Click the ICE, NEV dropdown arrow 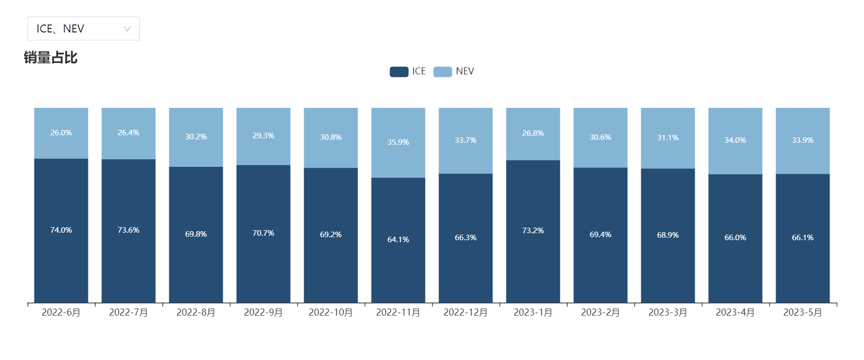pyautogui.click(x=127, y=29)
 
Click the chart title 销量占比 pyautogui.click(x=50, y=58)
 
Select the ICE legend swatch pyautogui.click(x=399, y=71)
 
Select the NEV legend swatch pyautogui.click(x=442, y=71)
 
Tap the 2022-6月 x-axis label pyautogui.click(x=61, y=313)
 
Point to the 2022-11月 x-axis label pyautogui.click(x=398, y=313)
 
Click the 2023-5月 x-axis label pyautogui.click(x=803, y=313)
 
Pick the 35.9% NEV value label pyautogui.click(x=398, y=142)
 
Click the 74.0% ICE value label pyautogui.click(x=61, y=230)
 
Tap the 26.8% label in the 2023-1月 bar pyautogui.click(x=533, y=133)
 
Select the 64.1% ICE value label pyautogui.click(x=398, y=240)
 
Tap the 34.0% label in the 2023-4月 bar pyautogui.click(x=735, y=140)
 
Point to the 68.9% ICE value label pyautogui.click(x=668, y=235)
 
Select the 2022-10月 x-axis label pyautogui.click(x=331, y=313)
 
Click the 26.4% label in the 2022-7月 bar pyautogui.click(x=128, y=133)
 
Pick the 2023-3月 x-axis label pyautogui.click(x=668, y=313)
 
